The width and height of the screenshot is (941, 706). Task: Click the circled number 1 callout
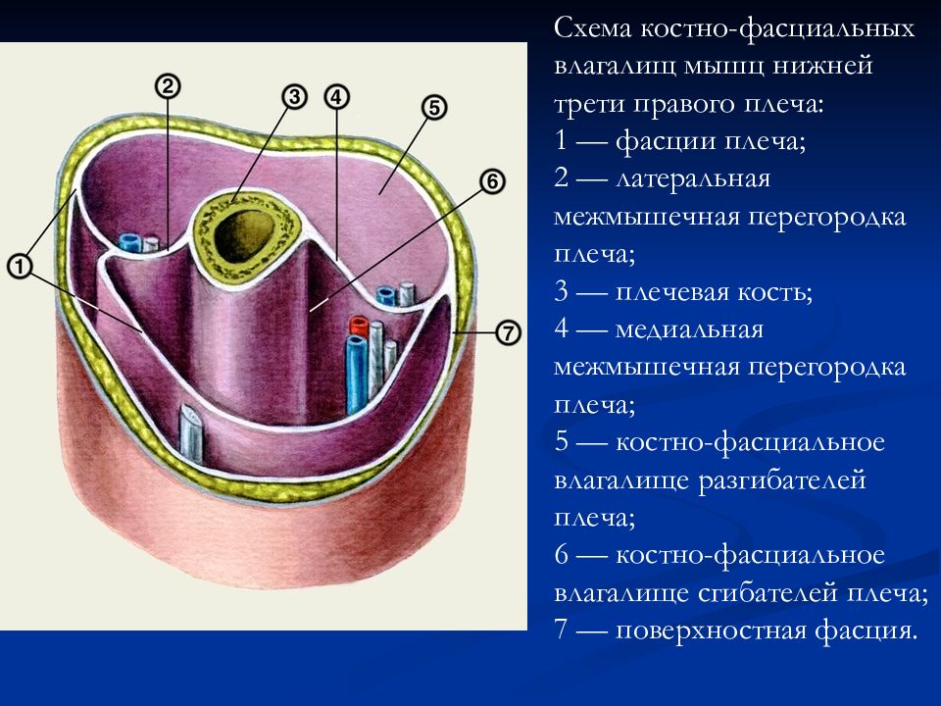click(x=20, y=266)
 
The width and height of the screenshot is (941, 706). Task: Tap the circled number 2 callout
click(x=168, y=86)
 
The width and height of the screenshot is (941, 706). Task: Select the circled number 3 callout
click(x=294, y=97)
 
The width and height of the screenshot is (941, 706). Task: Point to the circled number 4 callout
click(x=336, y=97)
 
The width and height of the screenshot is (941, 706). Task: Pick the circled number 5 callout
click(x=434, y=108)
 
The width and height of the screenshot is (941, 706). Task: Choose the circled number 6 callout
click(x=492, y=180)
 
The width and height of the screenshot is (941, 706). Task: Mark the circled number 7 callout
click(x=509, y=332)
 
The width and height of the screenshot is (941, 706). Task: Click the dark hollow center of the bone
click(x=244, y=235)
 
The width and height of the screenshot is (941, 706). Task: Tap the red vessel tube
click(x=359, y=326)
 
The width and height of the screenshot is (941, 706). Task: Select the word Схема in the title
click(x=592, y=28)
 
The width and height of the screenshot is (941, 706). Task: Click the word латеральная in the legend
click(x=693, y=178)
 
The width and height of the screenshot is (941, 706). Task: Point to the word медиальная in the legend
click(x=689, y=329)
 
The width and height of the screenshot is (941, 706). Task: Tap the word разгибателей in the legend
click(x=781, y=480)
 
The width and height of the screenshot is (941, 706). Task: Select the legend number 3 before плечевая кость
click(x=561, y=292)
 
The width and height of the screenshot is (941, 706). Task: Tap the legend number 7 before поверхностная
click(x=561, y=630)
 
